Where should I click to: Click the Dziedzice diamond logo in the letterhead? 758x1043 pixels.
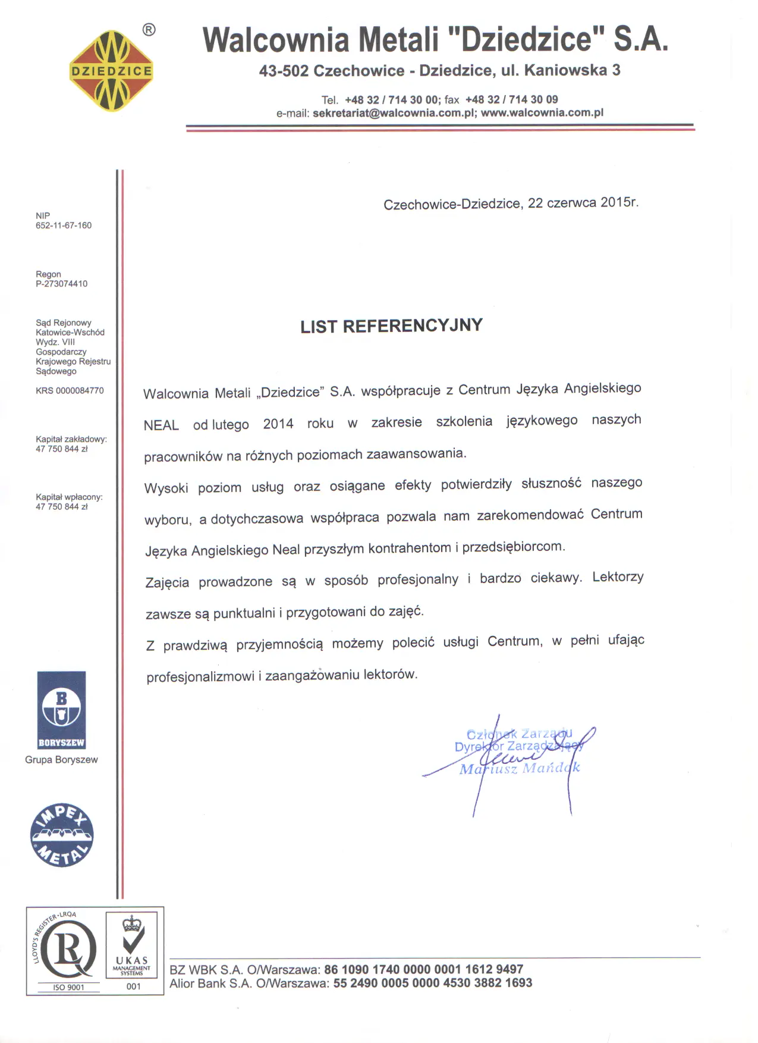point(111,71)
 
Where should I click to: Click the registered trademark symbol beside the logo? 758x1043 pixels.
point(149,30)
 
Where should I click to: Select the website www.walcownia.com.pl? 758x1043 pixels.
point(542,112)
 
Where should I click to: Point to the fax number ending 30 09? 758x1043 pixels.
point(511,99)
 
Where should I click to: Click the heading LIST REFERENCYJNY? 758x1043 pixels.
point(391,326)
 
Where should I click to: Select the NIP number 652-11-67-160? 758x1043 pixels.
point(64,225)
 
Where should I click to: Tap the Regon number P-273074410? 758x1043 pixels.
point(61,284)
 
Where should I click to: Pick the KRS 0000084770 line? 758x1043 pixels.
point(70,391)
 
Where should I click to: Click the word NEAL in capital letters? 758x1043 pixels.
point(161,425)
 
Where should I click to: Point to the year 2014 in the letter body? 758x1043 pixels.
point(278,424)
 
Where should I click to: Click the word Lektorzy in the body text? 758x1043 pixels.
point(618,577)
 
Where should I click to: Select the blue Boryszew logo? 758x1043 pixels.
point(61,710)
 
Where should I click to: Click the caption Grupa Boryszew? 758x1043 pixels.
point(61,760)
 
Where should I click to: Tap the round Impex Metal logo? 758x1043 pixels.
point(62,835)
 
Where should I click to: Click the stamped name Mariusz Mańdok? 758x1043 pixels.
point(519,769)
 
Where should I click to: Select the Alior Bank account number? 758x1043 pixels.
point(432,984)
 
